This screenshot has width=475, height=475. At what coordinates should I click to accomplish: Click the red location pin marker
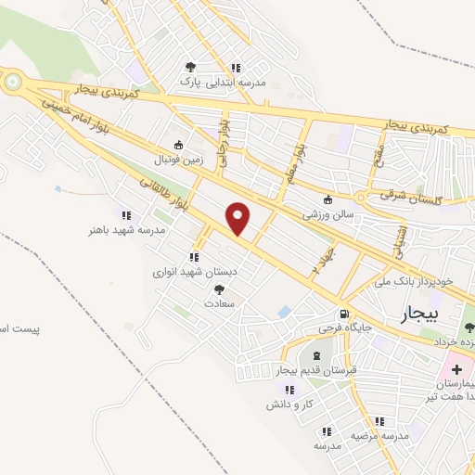pyautogui.click(x=238, y=218)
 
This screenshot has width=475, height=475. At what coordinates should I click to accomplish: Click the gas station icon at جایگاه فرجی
pyautogui.click(x=345, y=314)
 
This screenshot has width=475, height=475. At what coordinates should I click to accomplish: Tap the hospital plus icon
pyautogui.click(x=456, y=369)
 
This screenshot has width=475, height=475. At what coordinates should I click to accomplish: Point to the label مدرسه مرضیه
pyautogui.click(x=380, y=434)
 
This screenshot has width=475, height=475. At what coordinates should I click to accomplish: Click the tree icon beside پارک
pyautogui.click(x=190, y=67)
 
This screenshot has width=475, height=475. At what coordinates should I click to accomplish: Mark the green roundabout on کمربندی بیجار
pyautogui.click(x=13, y=83)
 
